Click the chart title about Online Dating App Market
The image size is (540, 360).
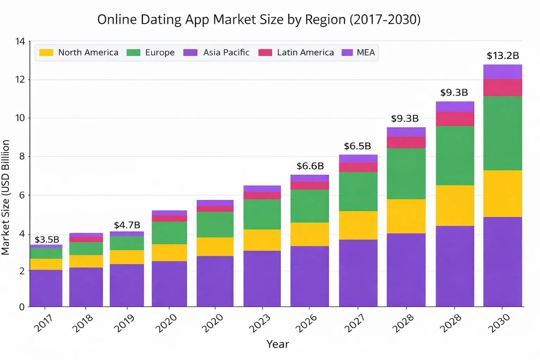259,20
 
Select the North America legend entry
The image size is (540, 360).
79,53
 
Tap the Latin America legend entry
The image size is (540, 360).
296,53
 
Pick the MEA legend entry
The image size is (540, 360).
359,53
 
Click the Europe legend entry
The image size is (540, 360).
151,53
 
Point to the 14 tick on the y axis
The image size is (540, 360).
20,41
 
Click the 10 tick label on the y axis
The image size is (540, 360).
20,118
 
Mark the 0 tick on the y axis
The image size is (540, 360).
22,307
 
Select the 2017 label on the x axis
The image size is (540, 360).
43,323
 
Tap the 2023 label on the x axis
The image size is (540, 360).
259,323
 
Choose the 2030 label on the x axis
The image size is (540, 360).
499,323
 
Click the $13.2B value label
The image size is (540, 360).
503,56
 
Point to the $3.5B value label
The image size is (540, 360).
47,240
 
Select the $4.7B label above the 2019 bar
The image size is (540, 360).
127,225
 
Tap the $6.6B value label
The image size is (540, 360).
310,166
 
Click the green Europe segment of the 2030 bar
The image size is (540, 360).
502,134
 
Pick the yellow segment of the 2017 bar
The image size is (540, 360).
46,264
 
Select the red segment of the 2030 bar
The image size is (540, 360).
502,88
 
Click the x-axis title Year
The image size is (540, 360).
277,344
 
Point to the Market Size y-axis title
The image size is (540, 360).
6,197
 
